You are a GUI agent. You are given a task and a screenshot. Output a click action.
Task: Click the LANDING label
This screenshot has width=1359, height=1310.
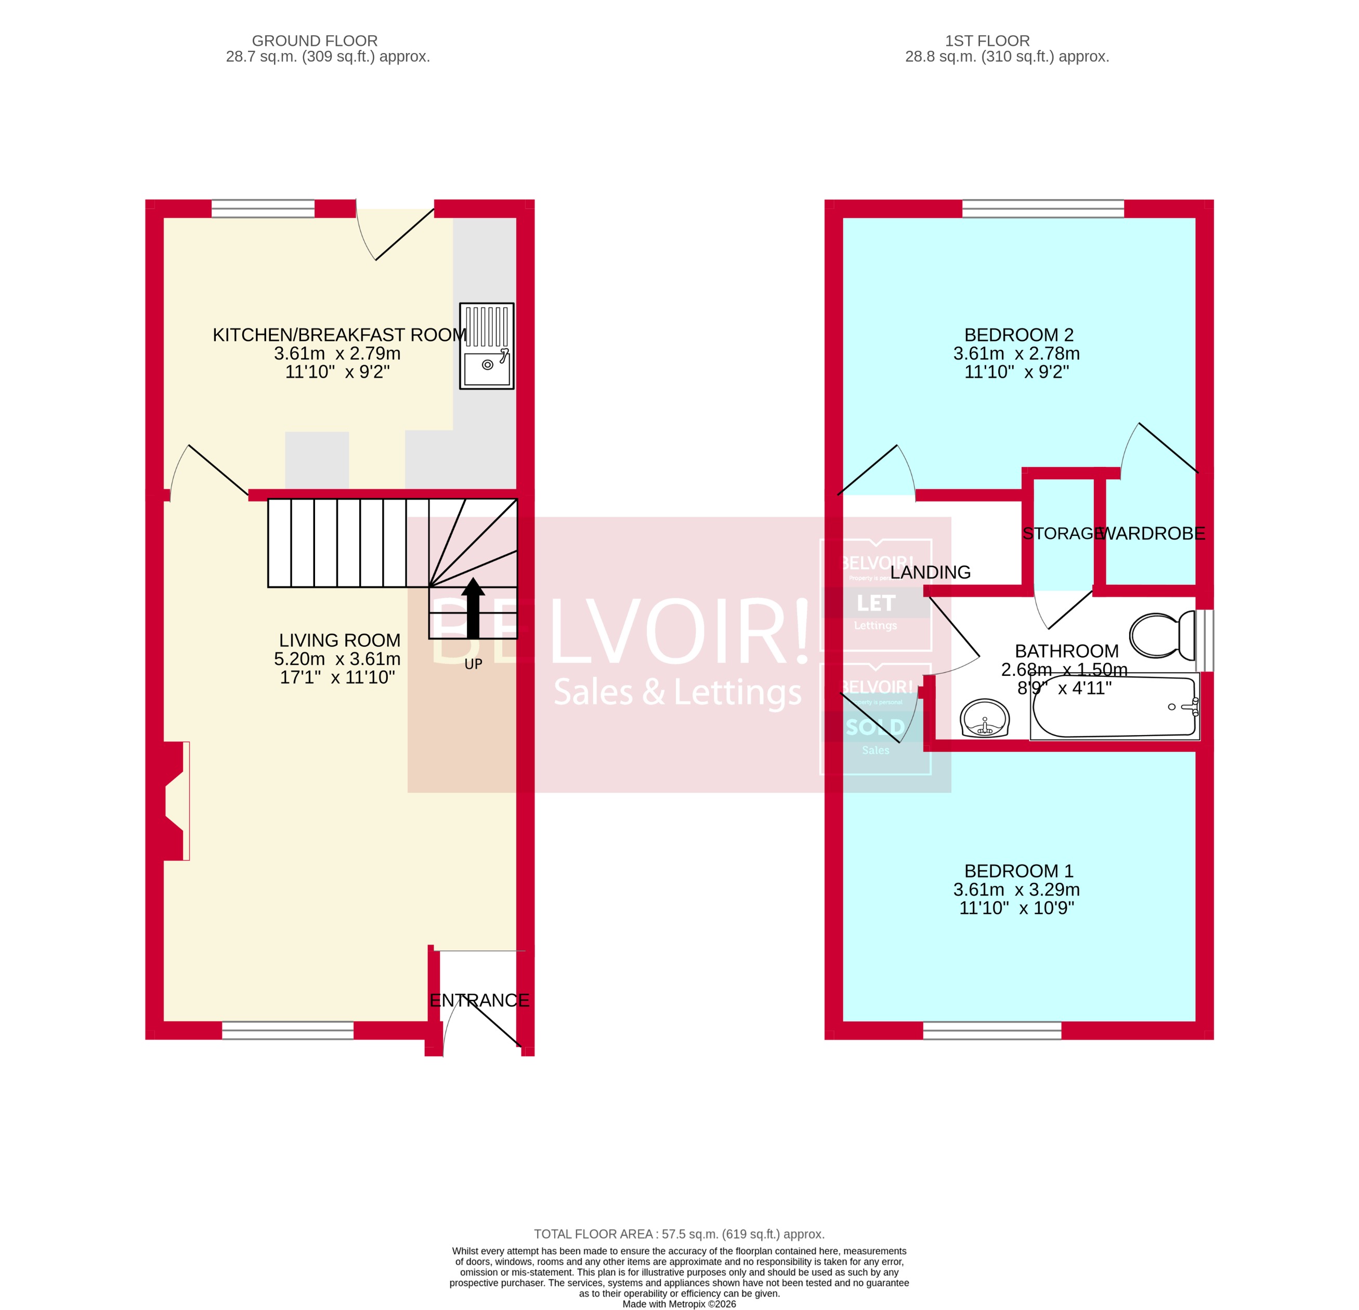pyautogui.click(x=931, y=572)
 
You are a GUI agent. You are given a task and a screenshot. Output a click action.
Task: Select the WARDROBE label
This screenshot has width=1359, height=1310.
pyautogui.click(x=1153, y=534)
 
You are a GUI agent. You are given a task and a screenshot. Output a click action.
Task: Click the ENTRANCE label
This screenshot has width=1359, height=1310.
pyautogui.click(x=479, y=1001)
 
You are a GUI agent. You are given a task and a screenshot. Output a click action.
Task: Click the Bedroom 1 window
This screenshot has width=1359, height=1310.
pyautogui.click(x=992, y=1031)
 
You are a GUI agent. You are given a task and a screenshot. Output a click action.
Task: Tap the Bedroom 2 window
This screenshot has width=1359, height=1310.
pyautogui.click(x=1043, y=208)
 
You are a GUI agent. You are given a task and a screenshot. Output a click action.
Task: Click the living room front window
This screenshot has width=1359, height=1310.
pyautogui.click(x=288, y=1031)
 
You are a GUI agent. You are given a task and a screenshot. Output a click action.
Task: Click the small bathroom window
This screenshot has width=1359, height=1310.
pyautogui.click(x=1205, y=640)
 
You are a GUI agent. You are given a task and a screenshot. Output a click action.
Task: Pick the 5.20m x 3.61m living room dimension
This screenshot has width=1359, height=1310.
pyautogui.click(x=337, y=659)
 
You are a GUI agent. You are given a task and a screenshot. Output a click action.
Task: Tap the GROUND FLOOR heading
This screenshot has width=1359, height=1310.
pyautogui.click(x=315, y=41)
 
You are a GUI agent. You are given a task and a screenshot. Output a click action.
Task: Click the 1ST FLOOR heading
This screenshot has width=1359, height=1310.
pyautogui.click(x=987, y=41)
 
